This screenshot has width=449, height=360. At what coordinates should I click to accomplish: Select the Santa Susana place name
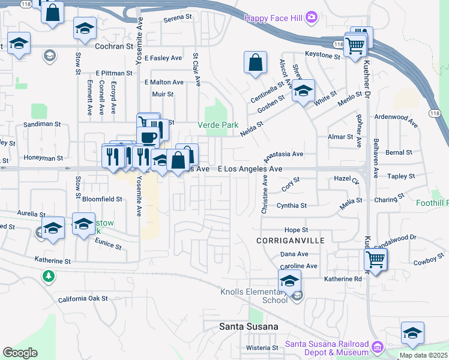point(248,326)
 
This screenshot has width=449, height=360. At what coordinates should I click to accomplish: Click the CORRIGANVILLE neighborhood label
point(290,240)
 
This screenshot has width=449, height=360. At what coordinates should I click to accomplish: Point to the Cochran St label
point(113,46)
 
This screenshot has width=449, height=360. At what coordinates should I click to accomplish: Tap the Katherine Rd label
point(344,279)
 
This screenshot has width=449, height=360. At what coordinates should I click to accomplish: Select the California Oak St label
point(83,298)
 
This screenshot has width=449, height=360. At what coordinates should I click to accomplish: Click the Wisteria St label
point(262,347)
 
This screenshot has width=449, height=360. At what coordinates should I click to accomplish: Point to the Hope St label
point(296,230)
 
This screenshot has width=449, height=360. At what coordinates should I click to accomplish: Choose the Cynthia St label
point(292,205)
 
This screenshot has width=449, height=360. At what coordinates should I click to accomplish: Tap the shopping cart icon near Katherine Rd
point(375,260)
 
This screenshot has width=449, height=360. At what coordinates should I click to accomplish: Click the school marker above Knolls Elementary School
point(290,280)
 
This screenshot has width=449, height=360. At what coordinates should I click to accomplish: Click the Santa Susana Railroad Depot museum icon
point(377,347)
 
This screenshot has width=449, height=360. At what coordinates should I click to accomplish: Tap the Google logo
point(20,353)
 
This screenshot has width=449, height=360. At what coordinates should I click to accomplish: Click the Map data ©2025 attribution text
point(423,355)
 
